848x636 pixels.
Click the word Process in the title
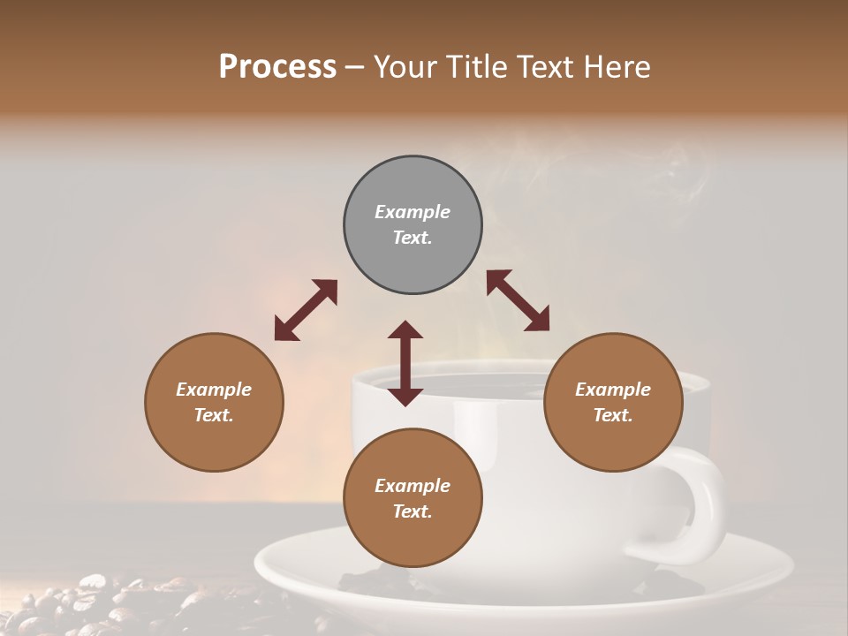(277, 67)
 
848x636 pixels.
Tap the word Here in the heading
(615, 67)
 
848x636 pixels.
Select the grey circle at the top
(413, 225)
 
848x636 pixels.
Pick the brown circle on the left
(214, 402)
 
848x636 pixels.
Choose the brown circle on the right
(613, 402)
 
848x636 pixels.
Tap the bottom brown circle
(413, 498)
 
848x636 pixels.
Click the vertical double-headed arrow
(405, 363)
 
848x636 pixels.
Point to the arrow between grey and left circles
(306, 310)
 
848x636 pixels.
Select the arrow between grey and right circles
(519, 300)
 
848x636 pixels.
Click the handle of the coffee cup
(703, 503)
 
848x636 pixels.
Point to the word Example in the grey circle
(413, 212)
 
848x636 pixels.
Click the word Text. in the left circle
(214, 415)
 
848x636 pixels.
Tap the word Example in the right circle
(613, 390)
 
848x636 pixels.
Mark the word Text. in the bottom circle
(413, 511)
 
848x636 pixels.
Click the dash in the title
(355, 67)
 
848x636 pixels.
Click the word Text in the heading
(542, 67)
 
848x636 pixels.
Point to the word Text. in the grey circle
(413, 238)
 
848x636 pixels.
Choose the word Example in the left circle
(214, 390)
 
